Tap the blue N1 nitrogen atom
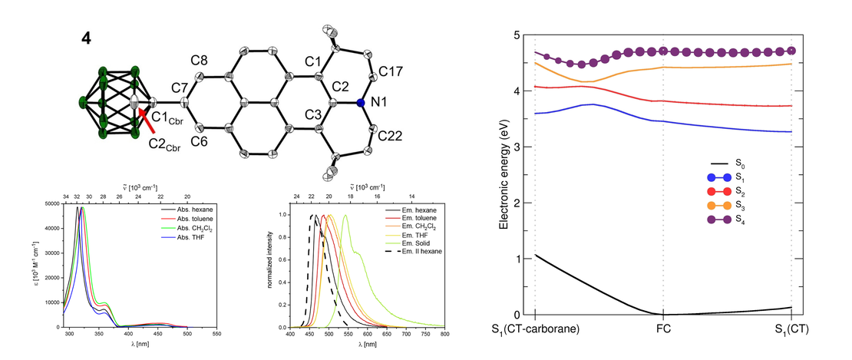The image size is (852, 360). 359,102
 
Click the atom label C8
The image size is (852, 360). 199,60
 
